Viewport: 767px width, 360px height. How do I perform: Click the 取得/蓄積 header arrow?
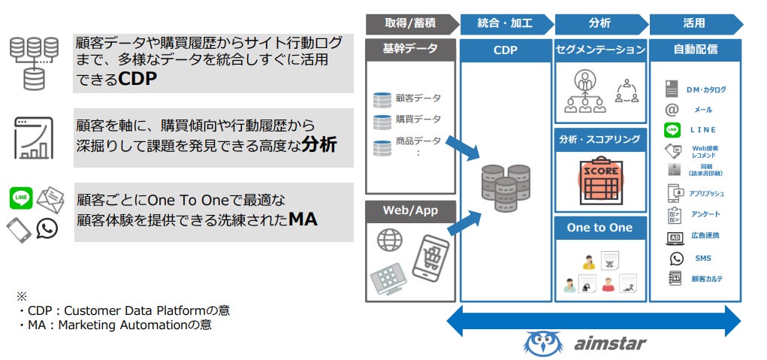[x=411, y=23]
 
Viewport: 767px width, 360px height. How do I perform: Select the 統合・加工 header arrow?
[x=506, y=23]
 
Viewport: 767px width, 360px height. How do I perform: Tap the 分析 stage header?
[x=599, y=23]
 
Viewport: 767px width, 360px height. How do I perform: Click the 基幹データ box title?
[x=410, y=50]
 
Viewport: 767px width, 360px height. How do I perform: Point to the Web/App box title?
[x=410, y=210]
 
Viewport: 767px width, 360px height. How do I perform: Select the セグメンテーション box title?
[x=600, y=50]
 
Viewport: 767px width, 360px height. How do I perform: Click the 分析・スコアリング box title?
[x=600, y=139]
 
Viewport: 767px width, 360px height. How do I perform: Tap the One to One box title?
[x=600, y=228]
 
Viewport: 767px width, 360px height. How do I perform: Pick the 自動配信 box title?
[x=695, y=50]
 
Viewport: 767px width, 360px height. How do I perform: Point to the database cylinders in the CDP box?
[x=506, y=186]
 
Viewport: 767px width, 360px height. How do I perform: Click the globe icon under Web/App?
[x=390, y=241]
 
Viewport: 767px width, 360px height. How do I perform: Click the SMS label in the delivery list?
[x=703, y=259]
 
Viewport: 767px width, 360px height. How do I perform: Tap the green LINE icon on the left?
[x=21, y=198]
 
